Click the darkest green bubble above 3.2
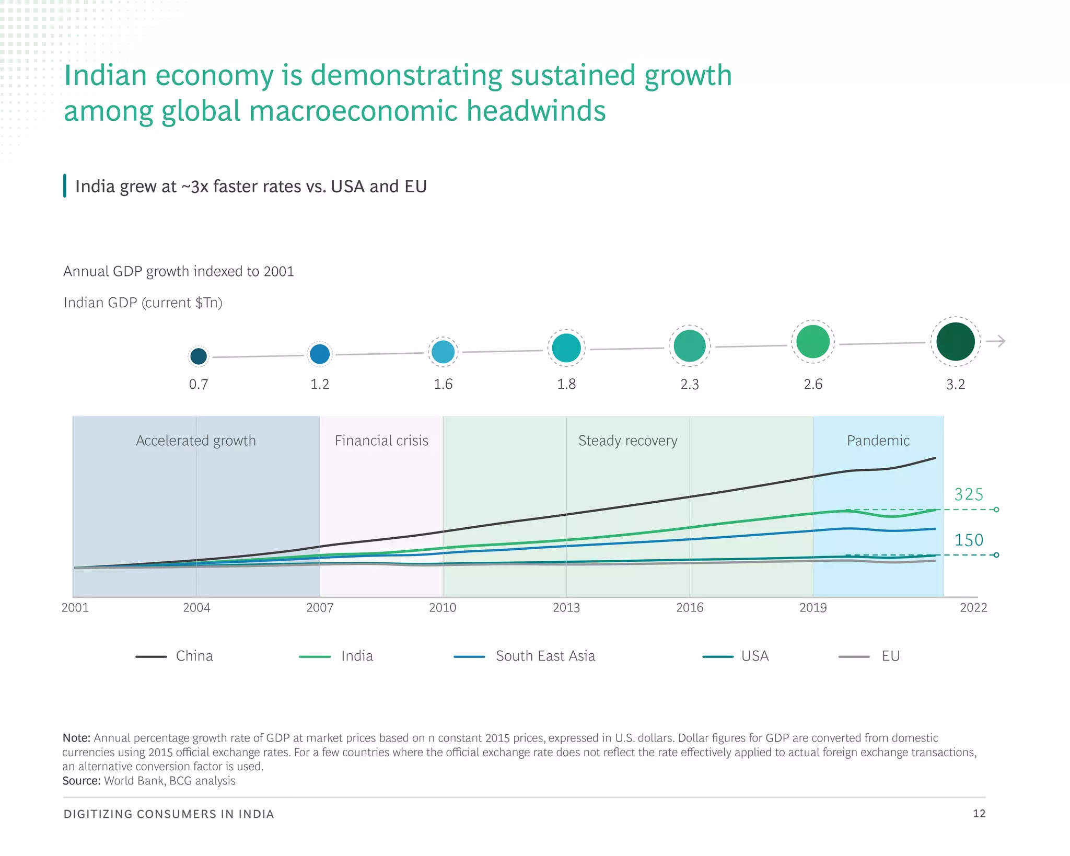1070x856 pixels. coord(955,341)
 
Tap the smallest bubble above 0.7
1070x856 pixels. coord(199,356)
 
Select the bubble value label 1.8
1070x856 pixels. coord(566,384)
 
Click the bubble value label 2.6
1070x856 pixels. coord(813,384)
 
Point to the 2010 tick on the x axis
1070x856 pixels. coord(443,607)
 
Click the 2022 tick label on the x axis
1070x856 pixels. coord(973,607)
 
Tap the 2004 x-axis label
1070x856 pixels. coord(196,607)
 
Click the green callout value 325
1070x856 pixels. coord(969,494)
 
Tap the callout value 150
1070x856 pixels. coord(969,540)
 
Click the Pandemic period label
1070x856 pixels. coord(878,441)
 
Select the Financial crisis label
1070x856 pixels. coord(381,441)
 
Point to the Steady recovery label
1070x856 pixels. coord(627,441)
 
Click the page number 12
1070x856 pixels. coord(979,813)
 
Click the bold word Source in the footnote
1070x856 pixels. coord(81,781)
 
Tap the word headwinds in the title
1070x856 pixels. coord(536,111)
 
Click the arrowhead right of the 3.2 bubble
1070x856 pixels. coord(1000,341)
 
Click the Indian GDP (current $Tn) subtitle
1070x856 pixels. coord(143,303)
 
